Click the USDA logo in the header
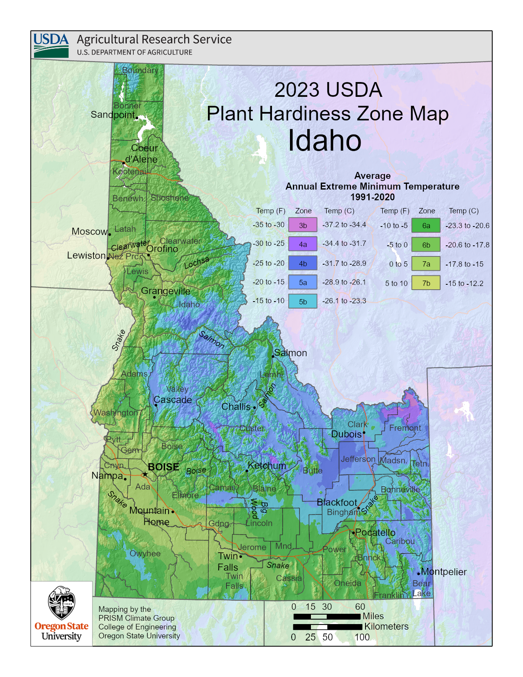51,45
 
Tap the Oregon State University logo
62,613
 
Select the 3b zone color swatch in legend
303,225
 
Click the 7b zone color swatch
426,283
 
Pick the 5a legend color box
303,282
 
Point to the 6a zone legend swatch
426,225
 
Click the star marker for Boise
145,474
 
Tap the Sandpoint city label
112,114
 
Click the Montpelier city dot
419,573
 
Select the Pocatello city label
375,533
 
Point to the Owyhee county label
145,553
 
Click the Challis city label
236,407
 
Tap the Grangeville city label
165,291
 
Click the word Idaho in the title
324,140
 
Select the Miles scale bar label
373,616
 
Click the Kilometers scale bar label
386,627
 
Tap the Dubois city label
346,434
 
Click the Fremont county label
405,428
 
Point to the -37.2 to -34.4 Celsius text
344,225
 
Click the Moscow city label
89,231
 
